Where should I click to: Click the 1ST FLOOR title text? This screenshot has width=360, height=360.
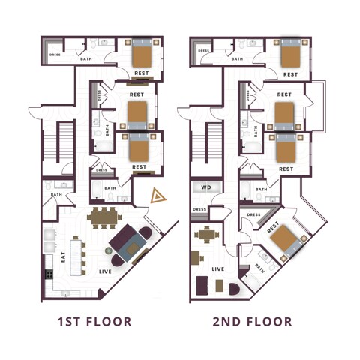point(94,322)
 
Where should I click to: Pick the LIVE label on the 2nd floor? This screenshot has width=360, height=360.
point(218,268)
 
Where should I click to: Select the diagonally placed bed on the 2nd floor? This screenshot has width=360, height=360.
point(284,240)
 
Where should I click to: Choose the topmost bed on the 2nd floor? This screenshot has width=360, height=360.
point(290,54)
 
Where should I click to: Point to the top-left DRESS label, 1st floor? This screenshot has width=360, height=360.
point(55,54)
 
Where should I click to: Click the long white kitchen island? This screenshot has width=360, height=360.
point(76,255)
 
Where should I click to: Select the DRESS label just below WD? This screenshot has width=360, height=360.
point(199,209)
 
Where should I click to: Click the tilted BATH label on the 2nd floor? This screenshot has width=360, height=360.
point(260,267)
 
